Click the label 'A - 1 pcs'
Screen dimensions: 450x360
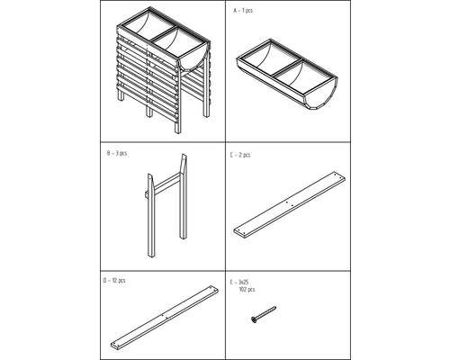pyautogui.click(x=243, y=11)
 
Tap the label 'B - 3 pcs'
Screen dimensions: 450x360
pyautogui.click(x=117, y=153)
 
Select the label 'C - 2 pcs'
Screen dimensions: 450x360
pyautogui.click(x=240, y=155)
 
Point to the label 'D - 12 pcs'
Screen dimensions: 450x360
pyautogui.click(x=114, y=281)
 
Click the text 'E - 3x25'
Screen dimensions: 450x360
pyautogui.click(x=239, y=283)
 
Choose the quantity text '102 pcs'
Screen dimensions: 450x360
pyautogui.click(x=247, y=290)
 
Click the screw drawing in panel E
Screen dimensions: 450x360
pyautogui.click(x=264, y=315)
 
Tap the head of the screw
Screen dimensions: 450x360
pyautogui.click(x=254, y=320)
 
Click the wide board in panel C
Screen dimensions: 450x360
pyautogui.click(x=289, y=205)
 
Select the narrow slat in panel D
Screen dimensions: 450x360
pyautogui.click(x=165, y=318)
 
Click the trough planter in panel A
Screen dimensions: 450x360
pyautogui.click(x=287, y=75)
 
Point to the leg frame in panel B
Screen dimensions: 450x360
pyautogui.click(x=167, y=205)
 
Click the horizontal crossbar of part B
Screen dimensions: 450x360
pyautogui.click(x=166, y=184)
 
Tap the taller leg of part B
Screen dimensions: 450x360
pyautogui.click(x=184, y=196)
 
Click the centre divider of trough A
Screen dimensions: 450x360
pyautogui.click(x=288, y=67)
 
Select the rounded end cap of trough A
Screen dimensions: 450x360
pyautogui.click(x=322, y=96)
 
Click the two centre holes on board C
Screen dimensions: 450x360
pyautogui.click(x=290, y=204)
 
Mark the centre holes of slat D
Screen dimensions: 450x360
pyautogui.click(x=165, y=316)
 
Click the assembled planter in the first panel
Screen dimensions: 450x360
pyautogui.click(x=164, y=70)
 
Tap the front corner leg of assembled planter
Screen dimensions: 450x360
pyautogui.click(x=178, y=102)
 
